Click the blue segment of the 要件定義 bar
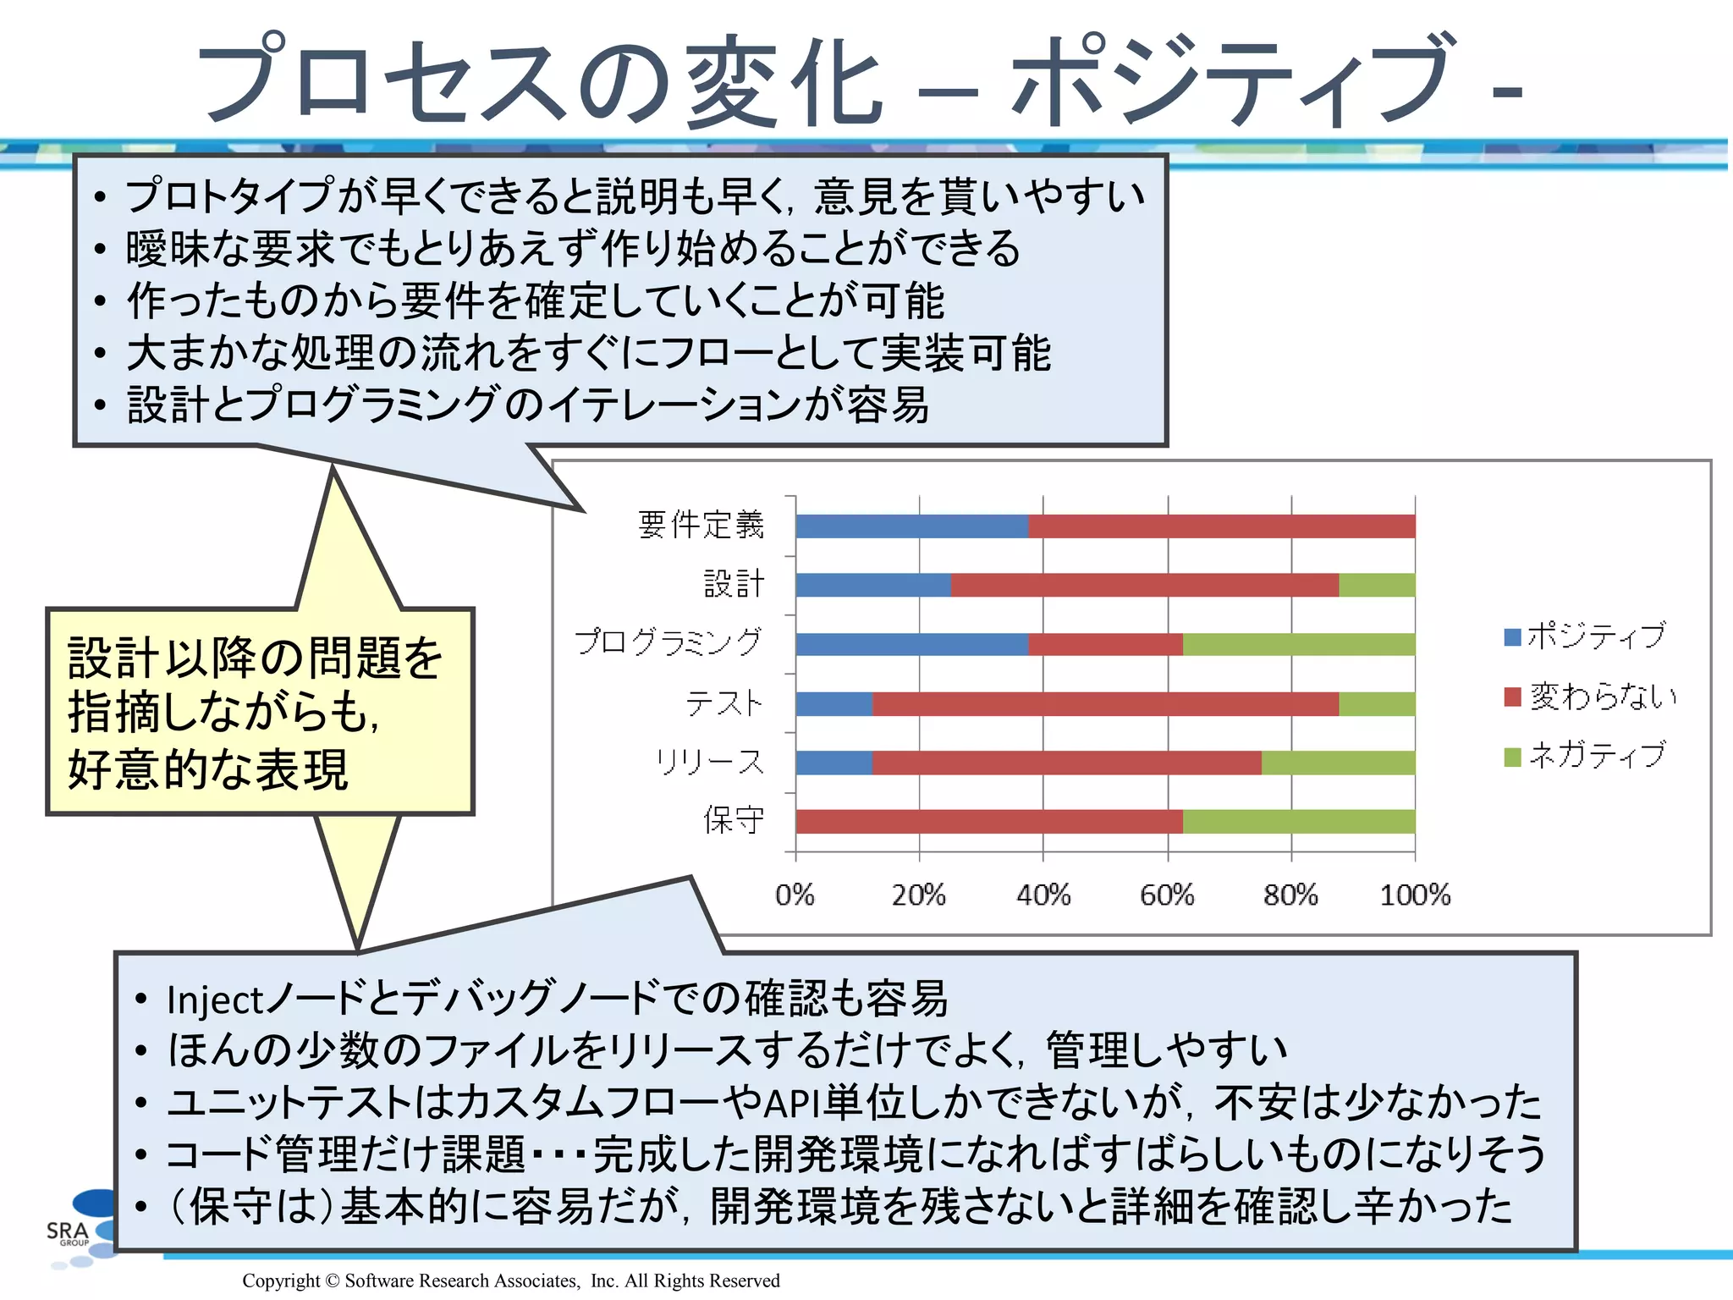coord(912,526)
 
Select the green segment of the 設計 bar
coord(1377,585)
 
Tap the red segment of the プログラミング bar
coord(1105,644)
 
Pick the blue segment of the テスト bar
coord(834,704)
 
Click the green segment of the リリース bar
coord(1338,763)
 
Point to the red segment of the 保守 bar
coord(989,822)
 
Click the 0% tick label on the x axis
coord(795,895)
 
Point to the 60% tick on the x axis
coord(1167,895)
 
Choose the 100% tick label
coord(1415,895)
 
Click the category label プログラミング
coord(669,642)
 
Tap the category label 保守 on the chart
coord(734,820)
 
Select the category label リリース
coord(710,762)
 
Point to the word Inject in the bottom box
coord(216,1000)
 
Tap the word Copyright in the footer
coord(281,1281)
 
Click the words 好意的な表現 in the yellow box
coord(208,770)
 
